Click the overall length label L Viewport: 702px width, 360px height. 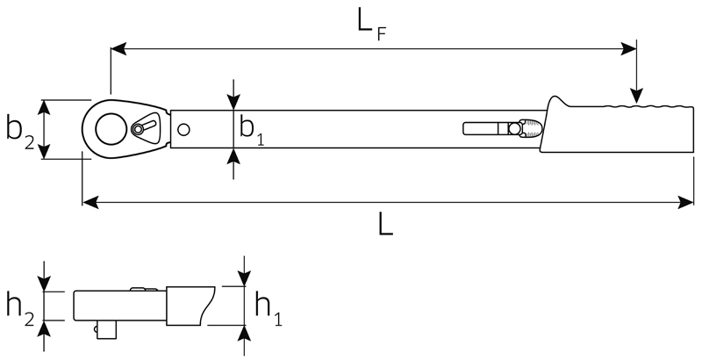tap(385, 225)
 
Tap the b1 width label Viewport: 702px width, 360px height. tap(252, 130)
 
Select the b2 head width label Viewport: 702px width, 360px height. tap(20, 133)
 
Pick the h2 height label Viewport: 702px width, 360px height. tap(20, 309)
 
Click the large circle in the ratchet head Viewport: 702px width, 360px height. tap(111, 129)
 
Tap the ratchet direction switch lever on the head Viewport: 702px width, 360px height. tap(144, 126)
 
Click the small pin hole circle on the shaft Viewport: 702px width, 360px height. tap(183, 129)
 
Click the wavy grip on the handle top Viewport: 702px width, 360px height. tap(648, 106)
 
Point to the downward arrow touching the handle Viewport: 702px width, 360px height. tap(636, 72)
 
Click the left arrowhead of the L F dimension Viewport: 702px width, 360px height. tap(118, 48)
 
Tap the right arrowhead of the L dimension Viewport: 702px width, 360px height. tap(686, 202)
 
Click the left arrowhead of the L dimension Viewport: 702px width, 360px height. tap(90, 202)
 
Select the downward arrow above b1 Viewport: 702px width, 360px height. tap(233, 95)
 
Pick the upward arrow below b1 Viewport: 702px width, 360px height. tap(233, 164)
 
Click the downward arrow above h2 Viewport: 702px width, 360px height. tap(44, 277)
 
